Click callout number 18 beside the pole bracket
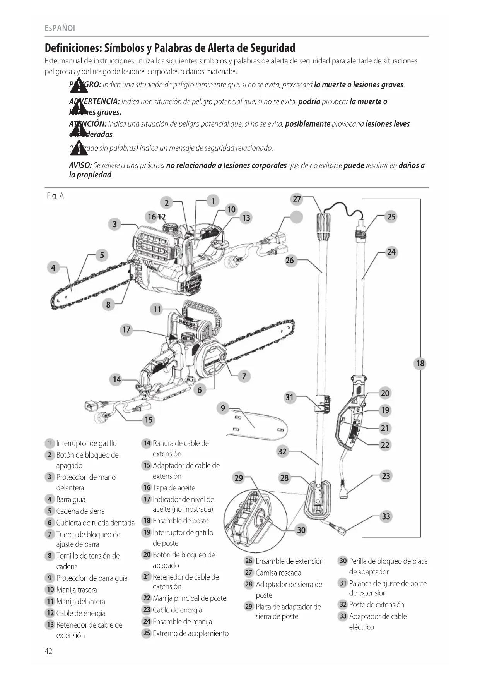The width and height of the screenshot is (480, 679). [420, 364]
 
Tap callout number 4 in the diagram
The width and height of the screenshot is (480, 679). [53, 267]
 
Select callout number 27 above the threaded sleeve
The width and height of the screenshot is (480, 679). [297, 199]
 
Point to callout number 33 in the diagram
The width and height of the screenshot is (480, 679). [386, 516]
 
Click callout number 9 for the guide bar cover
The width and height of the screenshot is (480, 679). [223, 408]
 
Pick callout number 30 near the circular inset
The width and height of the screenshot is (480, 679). [301, 530]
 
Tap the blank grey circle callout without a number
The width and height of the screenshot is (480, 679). [296, 217]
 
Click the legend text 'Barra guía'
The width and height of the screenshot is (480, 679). [71, 499]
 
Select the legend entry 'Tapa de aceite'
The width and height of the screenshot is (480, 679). [174, 488]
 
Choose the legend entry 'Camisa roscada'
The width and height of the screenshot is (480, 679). [278, 573]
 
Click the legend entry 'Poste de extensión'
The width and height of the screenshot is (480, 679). [376, 605]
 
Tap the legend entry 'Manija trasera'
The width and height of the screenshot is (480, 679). [77, 590]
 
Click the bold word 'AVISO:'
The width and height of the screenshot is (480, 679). [80, 165]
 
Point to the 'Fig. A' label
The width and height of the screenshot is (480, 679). [55, 196]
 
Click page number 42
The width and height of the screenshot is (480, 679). [48, 651]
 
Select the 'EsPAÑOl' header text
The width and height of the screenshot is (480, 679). [60, 28]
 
